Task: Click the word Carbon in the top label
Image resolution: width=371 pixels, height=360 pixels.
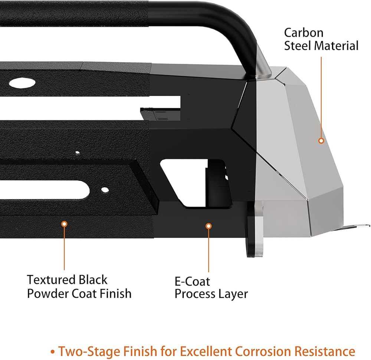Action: click(303, 33)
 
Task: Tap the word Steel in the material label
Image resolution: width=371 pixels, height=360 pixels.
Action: click(298, 46)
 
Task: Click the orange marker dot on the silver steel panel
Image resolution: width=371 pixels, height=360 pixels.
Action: click(321, 141)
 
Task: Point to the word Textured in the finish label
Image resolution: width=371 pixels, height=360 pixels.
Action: click(51, 280)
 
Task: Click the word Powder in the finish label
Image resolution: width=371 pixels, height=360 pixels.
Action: click(47, 294)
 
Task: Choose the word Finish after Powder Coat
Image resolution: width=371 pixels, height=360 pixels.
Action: click(115, 294)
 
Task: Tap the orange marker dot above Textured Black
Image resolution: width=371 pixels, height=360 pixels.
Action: click(64, 224)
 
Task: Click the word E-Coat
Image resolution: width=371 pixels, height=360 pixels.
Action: click(192, 281)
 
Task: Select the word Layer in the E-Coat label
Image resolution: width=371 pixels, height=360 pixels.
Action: click(233, 294)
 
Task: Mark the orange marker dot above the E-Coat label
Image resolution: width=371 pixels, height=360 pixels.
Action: click(209, 226)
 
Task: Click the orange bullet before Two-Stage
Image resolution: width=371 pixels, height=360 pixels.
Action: click(53, 352)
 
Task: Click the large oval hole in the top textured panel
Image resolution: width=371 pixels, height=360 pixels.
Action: click(22, 83)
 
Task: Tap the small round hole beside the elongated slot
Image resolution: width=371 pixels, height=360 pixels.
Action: click(105, 189)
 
